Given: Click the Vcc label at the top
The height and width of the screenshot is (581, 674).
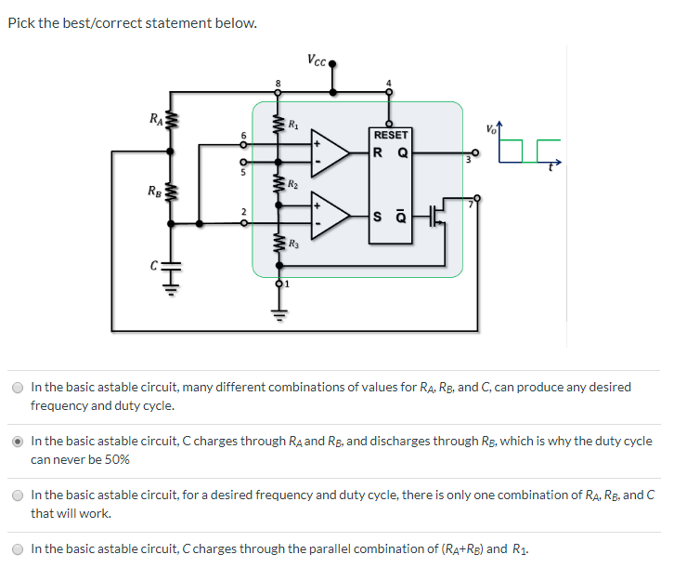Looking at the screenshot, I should point(316,60).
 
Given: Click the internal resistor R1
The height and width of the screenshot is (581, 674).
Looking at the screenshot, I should point(277,124).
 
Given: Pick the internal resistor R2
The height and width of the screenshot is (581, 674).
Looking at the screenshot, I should point(277,183).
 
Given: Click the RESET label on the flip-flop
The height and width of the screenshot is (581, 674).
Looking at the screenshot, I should point(390,135).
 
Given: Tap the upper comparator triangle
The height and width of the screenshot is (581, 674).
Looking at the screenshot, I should point(331,152).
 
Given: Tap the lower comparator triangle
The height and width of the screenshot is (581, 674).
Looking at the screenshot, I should point(331,217).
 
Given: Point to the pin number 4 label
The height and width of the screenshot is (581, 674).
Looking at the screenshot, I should point(389,84).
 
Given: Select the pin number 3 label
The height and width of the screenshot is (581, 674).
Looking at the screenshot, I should point(469,161).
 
